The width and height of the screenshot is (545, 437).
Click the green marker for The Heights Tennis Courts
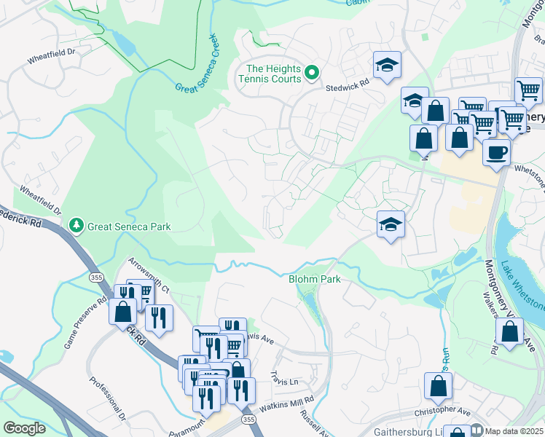click(x=312, y=71)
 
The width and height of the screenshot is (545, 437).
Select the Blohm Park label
click(x=315, y=279)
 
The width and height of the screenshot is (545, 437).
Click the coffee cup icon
click(x=496, y=153)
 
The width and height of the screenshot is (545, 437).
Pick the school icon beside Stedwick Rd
click(x=388, y=65)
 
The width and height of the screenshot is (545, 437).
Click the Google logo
click(x=25, y=428)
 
